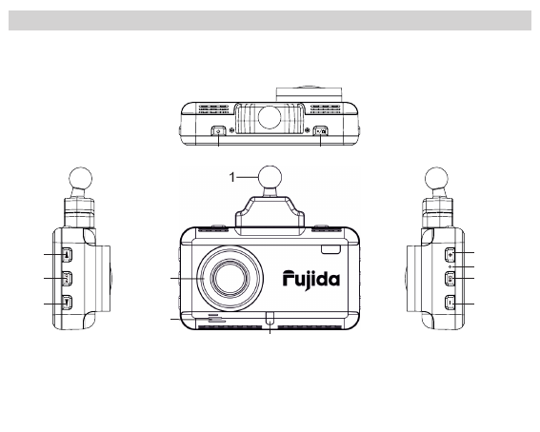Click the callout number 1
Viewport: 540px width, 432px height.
coord(231,175)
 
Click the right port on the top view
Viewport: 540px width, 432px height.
coord(320,132)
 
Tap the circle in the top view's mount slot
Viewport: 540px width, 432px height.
coord(270,118)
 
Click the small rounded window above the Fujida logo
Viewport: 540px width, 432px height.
coord(329,249)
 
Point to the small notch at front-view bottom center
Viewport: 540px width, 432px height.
coord(270,319)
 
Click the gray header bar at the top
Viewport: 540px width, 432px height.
coord(270,21)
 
